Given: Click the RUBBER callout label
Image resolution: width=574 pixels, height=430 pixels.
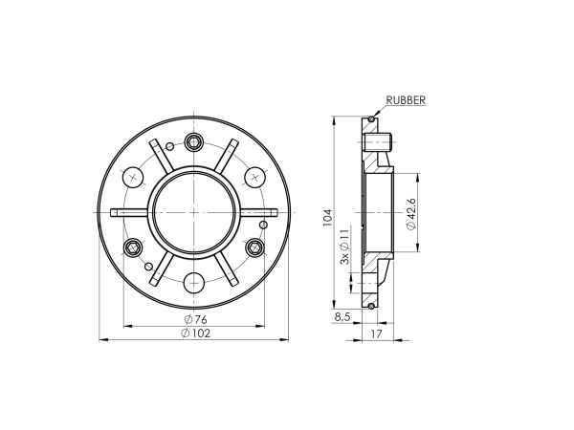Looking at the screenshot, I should point(406,99).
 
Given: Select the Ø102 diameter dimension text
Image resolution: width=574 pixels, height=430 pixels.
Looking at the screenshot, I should point(194,333).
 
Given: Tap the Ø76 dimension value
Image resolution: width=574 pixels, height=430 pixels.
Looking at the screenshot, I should point(194,318).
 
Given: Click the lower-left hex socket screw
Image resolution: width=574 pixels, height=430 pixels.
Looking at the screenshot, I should point(133,248).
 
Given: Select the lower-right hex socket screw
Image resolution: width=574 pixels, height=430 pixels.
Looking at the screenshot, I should point(254,248).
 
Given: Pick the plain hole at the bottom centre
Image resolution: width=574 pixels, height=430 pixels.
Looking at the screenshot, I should point(194,282).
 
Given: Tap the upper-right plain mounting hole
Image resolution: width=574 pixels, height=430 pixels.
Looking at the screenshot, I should point(255,177).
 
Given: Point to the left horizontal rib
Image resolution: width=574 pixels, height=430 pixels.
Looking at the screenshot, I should point(129,212).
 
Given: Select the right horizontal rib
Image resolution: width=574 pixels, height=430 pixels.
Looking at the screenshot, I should point(258,212).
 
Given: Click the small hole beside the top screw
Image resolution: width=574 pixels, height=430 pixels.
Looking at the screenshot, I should point(170,145).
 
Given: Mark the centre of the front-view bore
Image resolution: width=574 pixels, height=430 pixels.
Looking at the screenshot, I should point(194,212).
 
